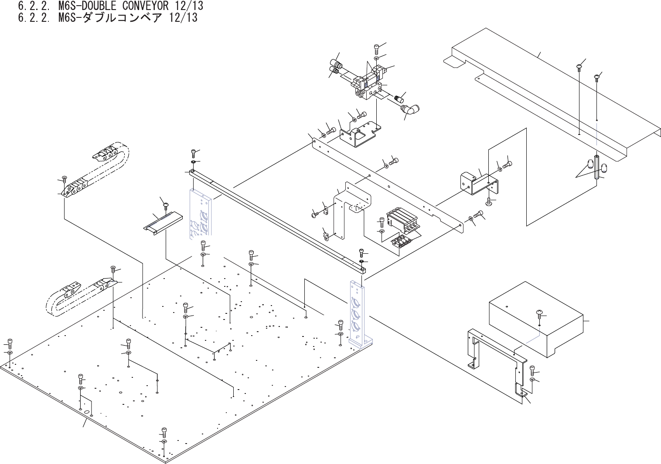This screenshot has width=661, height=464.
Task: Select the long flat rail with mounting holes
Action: point(388,183)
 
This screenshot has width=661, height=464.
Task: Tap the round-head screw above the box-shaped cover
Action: point(539,312)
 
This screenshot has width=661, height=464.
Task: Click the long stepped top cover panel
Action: point(549,87)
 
